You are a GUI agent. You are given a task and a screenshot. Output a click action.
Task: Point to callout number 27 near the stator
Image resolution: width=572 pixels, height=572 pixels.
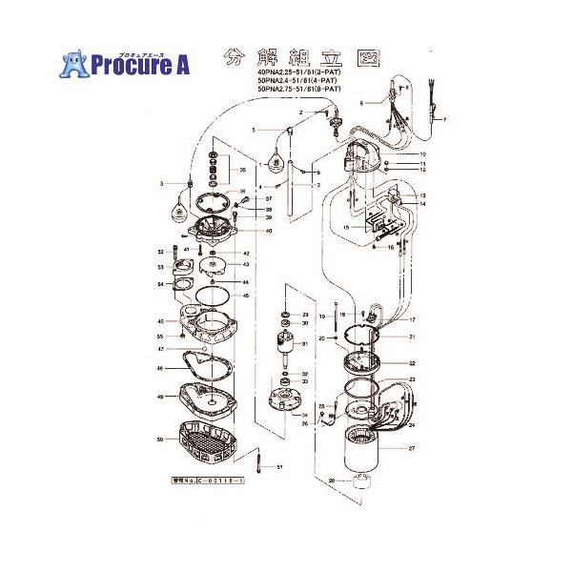(x=412, y=447)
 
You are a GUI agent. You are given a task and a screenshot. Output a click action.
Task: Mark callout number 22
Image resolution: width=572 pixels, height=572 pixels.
(x=412, y=363)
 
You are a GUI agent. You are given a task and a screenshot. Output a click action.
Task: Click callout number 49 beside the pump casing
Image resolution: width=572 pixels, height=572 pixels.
(x=159, y=398)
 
